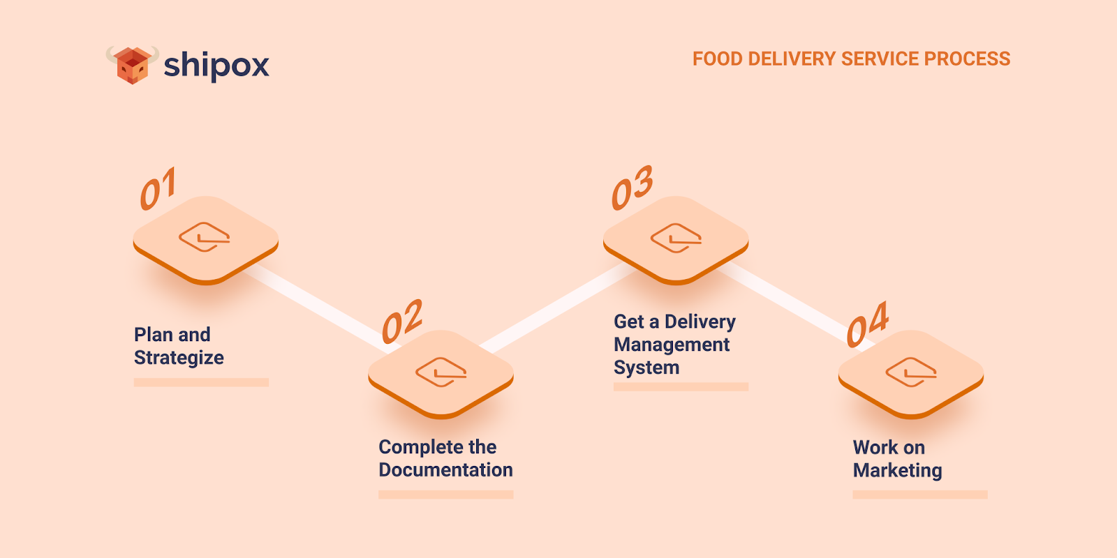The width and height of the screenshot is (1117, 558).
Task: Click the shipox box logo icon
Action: coord(132,65)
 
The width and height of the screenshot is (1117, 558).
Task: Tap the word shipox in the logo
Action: coord(216,66)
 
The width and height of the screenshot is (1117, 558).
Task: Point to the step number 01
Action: coord(158,188)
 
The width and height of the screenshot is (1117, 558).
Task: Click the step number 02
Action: coord(402,322)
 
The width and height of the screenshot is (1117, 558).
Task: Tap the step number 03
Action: coord(632,188)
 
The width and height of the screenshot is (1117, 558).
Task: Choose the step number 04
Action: coord(867,324)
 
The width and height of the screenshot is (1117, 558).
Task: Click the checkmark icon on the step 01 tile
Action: coord(205,237)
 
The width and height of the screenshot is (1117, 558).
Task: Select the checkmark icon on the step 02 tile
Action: coord(441,372)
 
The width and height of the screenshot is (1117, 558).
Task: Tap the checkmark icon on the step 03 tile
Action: coord(676,238)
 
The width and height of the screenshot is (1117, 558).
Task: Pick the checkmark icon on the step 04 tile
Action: coord(911,372)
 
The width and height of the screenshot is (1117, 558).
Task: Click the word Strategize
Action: coord(179,358)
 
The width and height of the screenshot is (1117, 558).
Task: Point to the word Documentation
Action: coord(445,470)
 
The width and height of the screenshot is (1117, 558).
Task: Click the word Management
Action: coord(672,345)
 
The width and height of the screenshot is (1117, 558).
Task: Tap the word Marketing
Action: coord(897,471)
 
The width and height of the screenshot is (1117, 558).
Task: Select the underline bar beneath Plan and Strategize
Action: coord(201,382)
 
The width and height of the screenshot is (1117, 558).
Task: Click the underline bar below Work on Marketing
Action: coord(919,495)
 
